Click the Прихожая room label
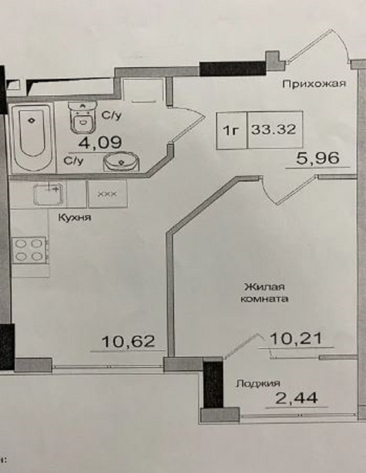click(314, 84)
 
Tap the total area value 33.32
click(274, 129)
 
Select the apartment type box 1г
click(231, 130)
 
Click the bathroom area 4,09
click(100, 142)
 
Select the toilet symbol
click(83, 117)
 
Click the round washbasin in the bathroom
click(121, 161)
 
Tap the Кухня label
click(75, 218)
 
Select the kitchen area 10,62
click(128, 341)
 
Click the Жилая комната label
click(264, 293)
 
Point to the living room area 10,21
click(296, 339)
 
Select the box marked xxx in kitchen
click(108, 193)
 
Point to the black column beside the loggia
click(213, 385)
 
